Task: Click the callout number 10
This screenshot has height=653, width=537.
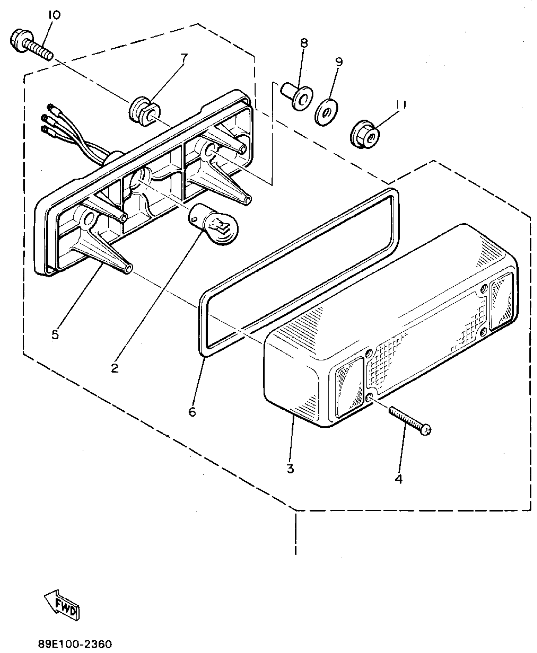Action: pyautogui.click(x=54, y=15)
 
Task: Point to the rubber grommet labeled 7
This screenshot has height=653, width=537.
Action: pyautogui.click(x=144, y=112)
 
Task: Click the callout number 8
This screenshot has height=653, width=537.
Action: pyautogui.click(x=304, y=43)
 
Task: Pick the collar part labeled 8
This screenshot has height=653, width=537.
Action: pyautogui.click(x=298, y=96)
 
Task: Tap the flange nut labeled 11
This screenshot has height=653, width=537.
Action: pyautogui.click(x=365, y=135)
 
